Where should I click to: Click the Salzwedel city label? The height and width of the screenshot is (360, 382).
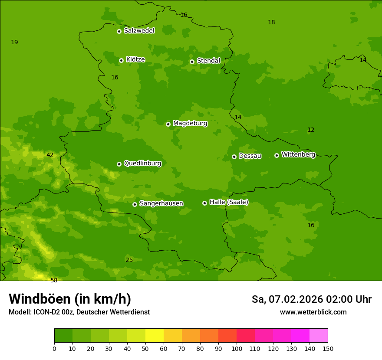pos(139,31)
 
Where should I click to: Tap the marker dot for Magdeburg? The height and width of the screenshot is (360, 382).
pos(168,124)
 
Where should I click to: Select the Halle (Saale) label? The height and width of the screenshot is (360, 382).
pos(229,202)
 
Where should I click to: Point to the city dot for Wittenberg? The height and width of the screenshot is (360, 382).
pos(277,155)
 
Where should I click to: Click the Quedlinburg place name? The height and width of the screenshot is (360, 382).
pos(142,164)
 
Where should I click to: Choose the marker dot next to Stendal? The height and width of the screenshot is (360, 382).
pos(192,62)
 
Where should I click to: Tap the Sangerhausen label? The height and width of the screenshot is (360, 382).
pos(161,203)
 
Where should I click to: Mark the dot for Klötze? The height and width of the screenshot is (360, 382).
pos(121,60)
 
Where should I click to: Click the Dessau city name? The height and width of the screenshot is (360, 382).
pos(250,156)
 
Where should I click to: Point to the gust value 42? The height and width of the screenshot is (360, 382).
pos(50,155)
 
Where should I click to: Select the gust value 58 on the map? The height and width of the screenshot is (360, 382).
pos(54,280)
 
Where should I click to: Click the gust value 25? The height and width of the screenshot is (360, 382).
pos(129,260)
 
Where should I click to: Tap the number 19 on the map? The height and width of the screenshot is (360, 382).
pos(14,42)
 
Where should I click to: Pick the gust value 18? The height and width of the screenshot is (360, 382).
pos(271,22)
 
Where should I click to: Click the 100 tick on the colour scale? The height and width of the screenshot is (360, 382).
pos(237,348)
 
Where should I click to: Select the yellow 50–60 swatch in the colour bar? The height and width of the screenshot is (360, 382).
pos(155,336)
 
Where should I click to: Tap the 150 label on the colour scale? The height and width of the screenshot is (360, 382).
pos(327,348)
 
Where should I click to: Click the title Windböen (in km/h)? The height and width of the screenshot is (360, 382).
pos(70,299)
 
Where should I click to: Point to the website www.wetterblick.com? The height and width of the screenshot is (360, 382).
pos(313,312)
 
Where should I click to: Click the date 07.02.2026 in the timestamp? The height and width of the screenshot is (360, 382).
pos(295,299)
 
